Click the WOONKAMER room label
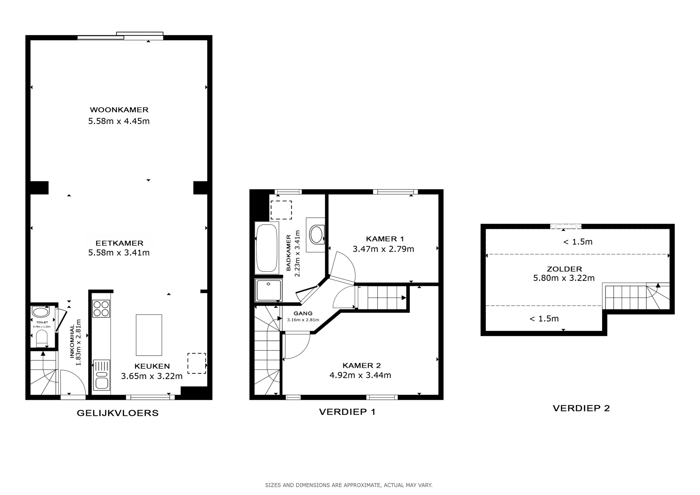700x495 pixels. tap(119, 110)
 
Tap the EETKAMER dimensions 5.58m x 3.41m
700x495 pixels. tap(119, 252)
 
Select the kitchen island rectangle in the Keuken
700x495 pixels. tap(149, 335)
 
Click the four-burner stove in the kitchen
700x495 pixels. tap(101, 309)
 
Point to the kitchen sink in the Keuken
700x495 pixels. tap(102, 375)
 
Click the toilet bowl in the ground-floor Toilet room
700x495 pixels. tap(42, 339)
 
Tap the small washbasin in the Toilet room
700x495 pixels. tap(40, 312)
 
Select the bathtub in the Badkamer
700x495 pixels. tap(267, 248)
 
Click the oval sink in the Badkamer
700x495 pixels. tap(317, 234)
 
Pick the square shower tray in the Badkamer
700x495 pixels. tap(268, 290)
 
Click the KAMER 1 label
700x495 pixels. tap(385, 239)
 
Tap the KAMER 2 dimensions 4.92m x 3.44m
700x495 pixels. tap(360, 375)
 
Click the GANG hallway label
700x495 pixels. tap(303, 313)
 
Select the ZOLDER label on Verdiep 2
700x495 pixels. tap(564, 269)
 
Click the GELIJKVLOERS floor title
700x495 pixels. tap(118, 413)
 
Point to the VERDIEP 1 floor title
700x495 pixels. tap(347, 412)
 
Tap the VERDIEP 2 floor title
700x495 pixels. tap(581, 408)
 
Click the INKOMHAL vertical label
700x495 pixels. tap(72, 342)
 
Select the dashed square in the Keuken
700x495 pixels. tap(196, 363)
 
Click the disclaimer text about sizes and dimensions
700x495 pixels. tap(349, 485)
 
